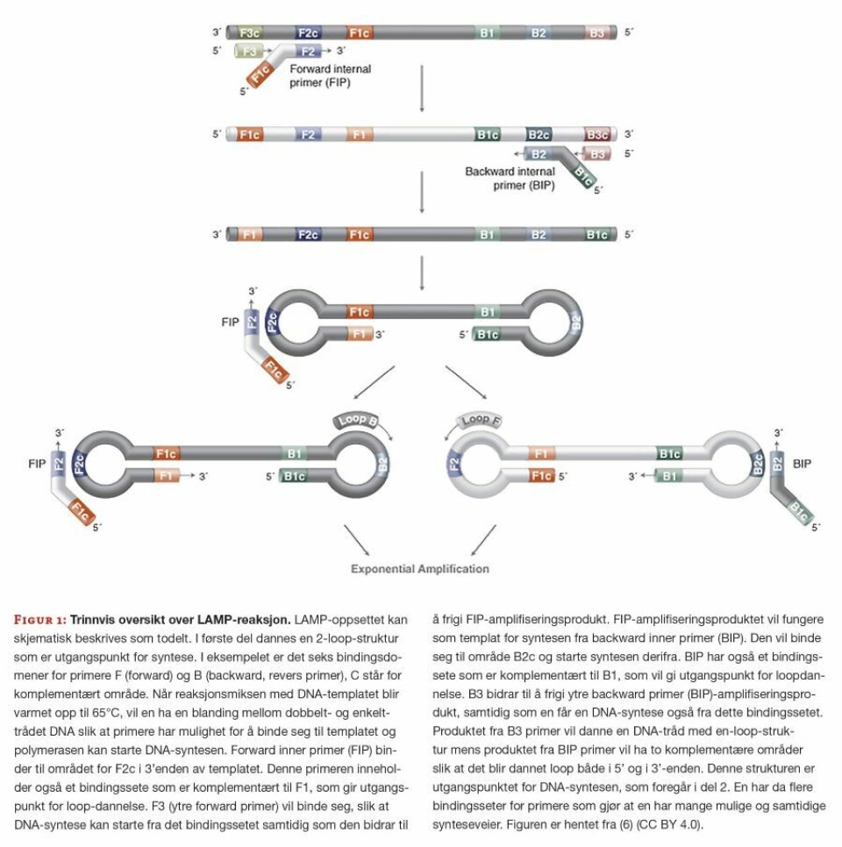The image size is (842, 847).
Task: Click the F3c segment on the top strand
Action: coord(249,32)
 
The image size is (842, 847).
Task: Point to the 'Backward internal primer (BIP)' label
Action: coord(510,178)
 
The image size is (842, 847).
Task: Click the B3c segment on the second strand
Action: coord(597,135)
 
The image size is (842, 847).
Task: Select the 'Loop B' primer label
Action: coord(358,421)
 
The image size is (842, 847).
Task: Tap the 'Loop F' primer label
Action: coord(476,421)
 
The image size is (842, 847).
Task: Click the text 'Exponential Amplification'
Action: coord(420,569)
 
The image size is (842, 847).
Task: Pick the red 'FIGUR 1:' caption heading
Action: coord(39,619)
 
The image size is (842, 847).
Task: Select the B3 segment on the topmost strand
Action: coord(596,32)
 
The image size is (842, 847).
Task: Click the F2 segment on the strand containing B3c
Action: coord(306,135)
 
